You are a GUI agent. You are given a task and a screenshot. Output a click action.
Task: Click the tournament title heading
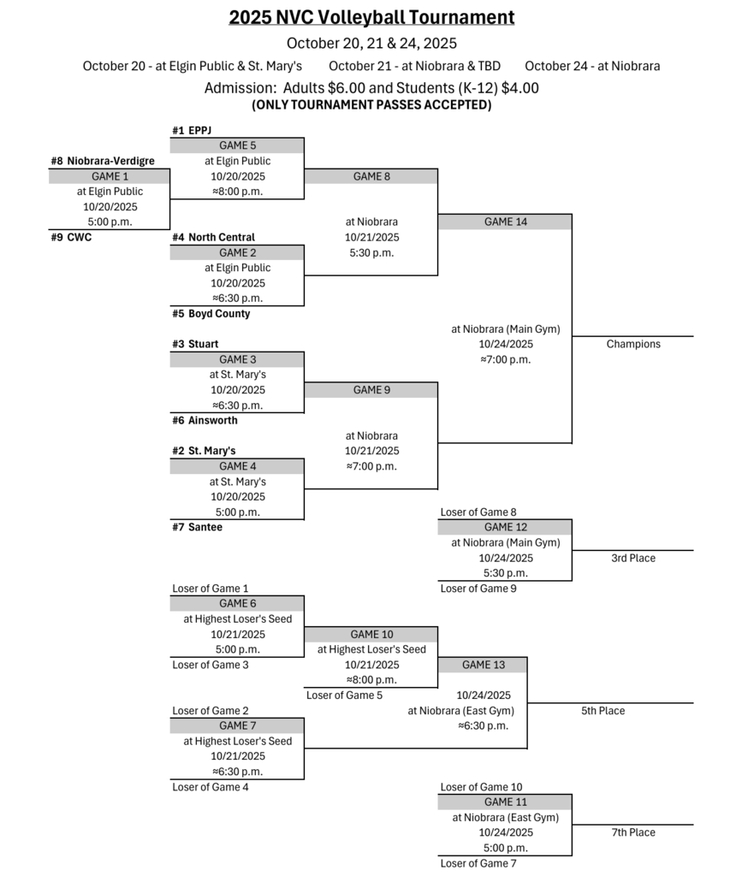pos(371,17)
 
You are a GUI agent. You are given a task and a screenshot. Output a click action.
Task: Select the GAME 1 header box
pos(109,176)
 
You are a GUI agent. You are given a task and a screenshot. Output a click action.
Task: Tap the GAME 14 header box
pos(505,222)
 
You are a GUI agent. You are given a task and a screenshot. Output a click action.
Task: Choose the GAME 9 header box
pos(371,390)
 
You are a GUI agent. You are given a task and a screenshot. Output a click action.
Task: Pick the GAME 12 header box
pos(505,527)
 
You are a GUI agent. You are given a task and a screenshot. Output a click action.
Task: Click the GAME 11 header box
pos(505,802)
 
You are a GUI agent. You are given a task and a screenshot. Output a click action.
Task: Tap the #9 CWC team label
pos(71,237)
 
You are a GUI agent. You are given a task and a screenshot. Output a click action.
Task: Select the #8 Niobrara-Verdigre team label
pos(103,161)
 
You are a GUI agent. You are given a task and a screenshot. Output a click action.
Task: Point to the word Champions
pos(633,344)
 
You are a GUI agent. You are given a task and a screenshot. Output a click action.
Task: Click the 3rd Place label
pos(633,558)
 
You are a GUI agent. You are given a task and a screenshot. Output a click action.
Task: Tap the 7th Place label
pos(633,832)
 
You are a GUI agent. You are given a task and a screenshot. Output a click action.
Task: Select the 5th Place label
pos(603,710)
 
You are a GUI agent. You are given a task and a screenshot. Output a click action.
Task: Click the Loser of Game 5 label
pos(344,695)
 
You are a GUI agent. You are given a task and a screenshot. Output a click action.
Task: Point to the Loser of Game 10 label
pos(481,786)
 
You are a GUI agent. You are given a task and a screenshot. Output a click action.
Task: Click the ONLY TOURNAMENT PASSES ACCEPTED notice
pos(371,105)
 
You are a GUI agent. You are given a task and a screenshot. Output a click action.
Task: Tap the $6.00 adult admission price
pos(345,87)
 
